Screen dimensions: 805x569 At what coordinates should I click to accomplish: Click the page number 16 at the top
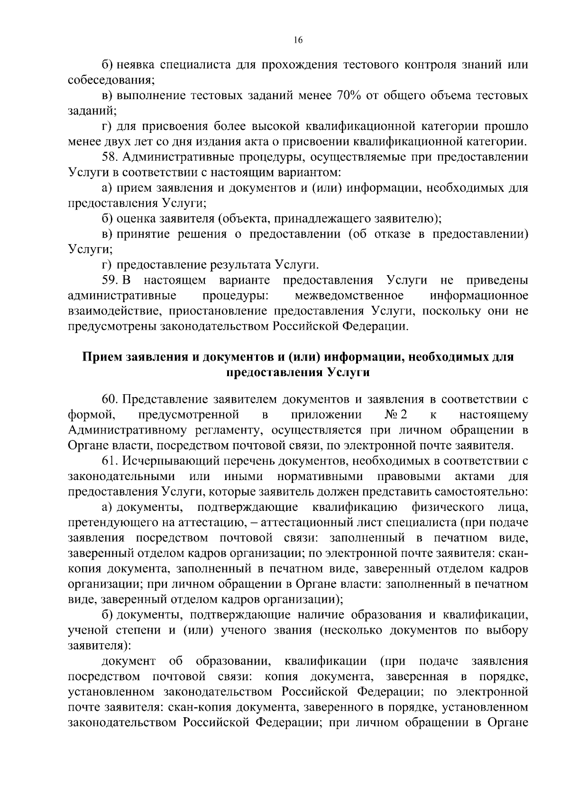[298, 40]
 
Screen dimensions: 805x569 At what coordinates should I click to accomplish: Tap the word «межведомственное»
[349, 296]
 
